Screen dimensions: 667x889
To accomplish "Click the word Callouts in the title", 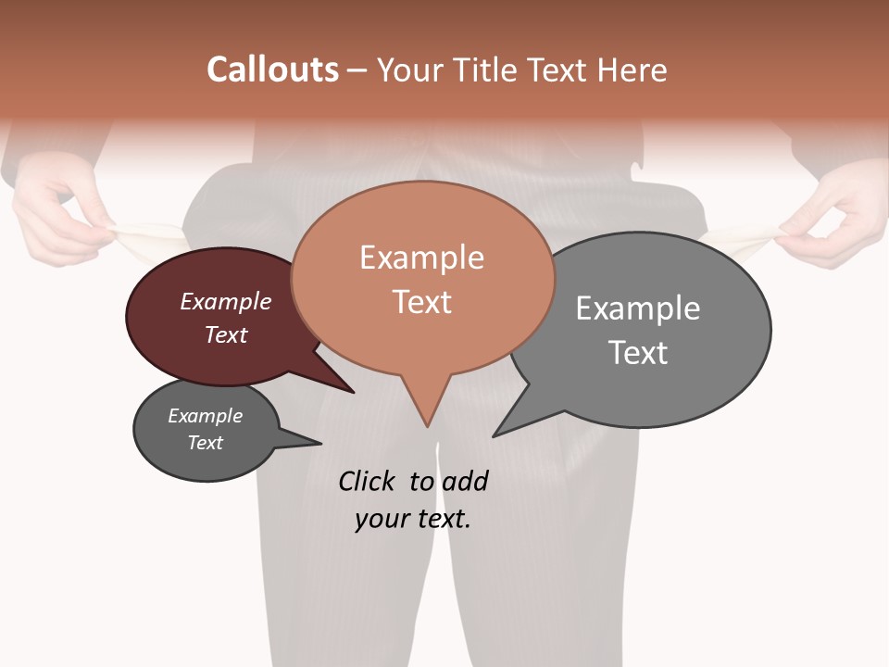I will click(272, 69).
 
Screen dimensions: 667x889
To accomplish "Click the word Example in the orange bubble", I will click(421, 257).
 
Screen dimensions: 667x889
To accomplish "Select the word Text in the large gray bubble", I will click(638, 352).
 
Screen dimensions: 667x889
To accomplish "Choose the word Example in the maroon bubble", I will click(226, 301).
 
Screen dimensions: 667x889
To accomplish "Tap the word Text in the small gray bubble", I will click(206, 443).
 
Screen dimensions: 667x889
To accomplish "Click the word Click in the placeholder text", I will click(368, 481).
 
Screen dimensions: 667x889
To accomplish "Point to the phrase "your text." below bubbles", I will click(413, 519).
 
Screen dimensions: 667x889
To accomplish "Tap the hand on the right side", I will click(833, 222).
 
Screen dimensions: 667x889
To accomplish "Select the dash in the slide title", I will click(357, 70).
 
